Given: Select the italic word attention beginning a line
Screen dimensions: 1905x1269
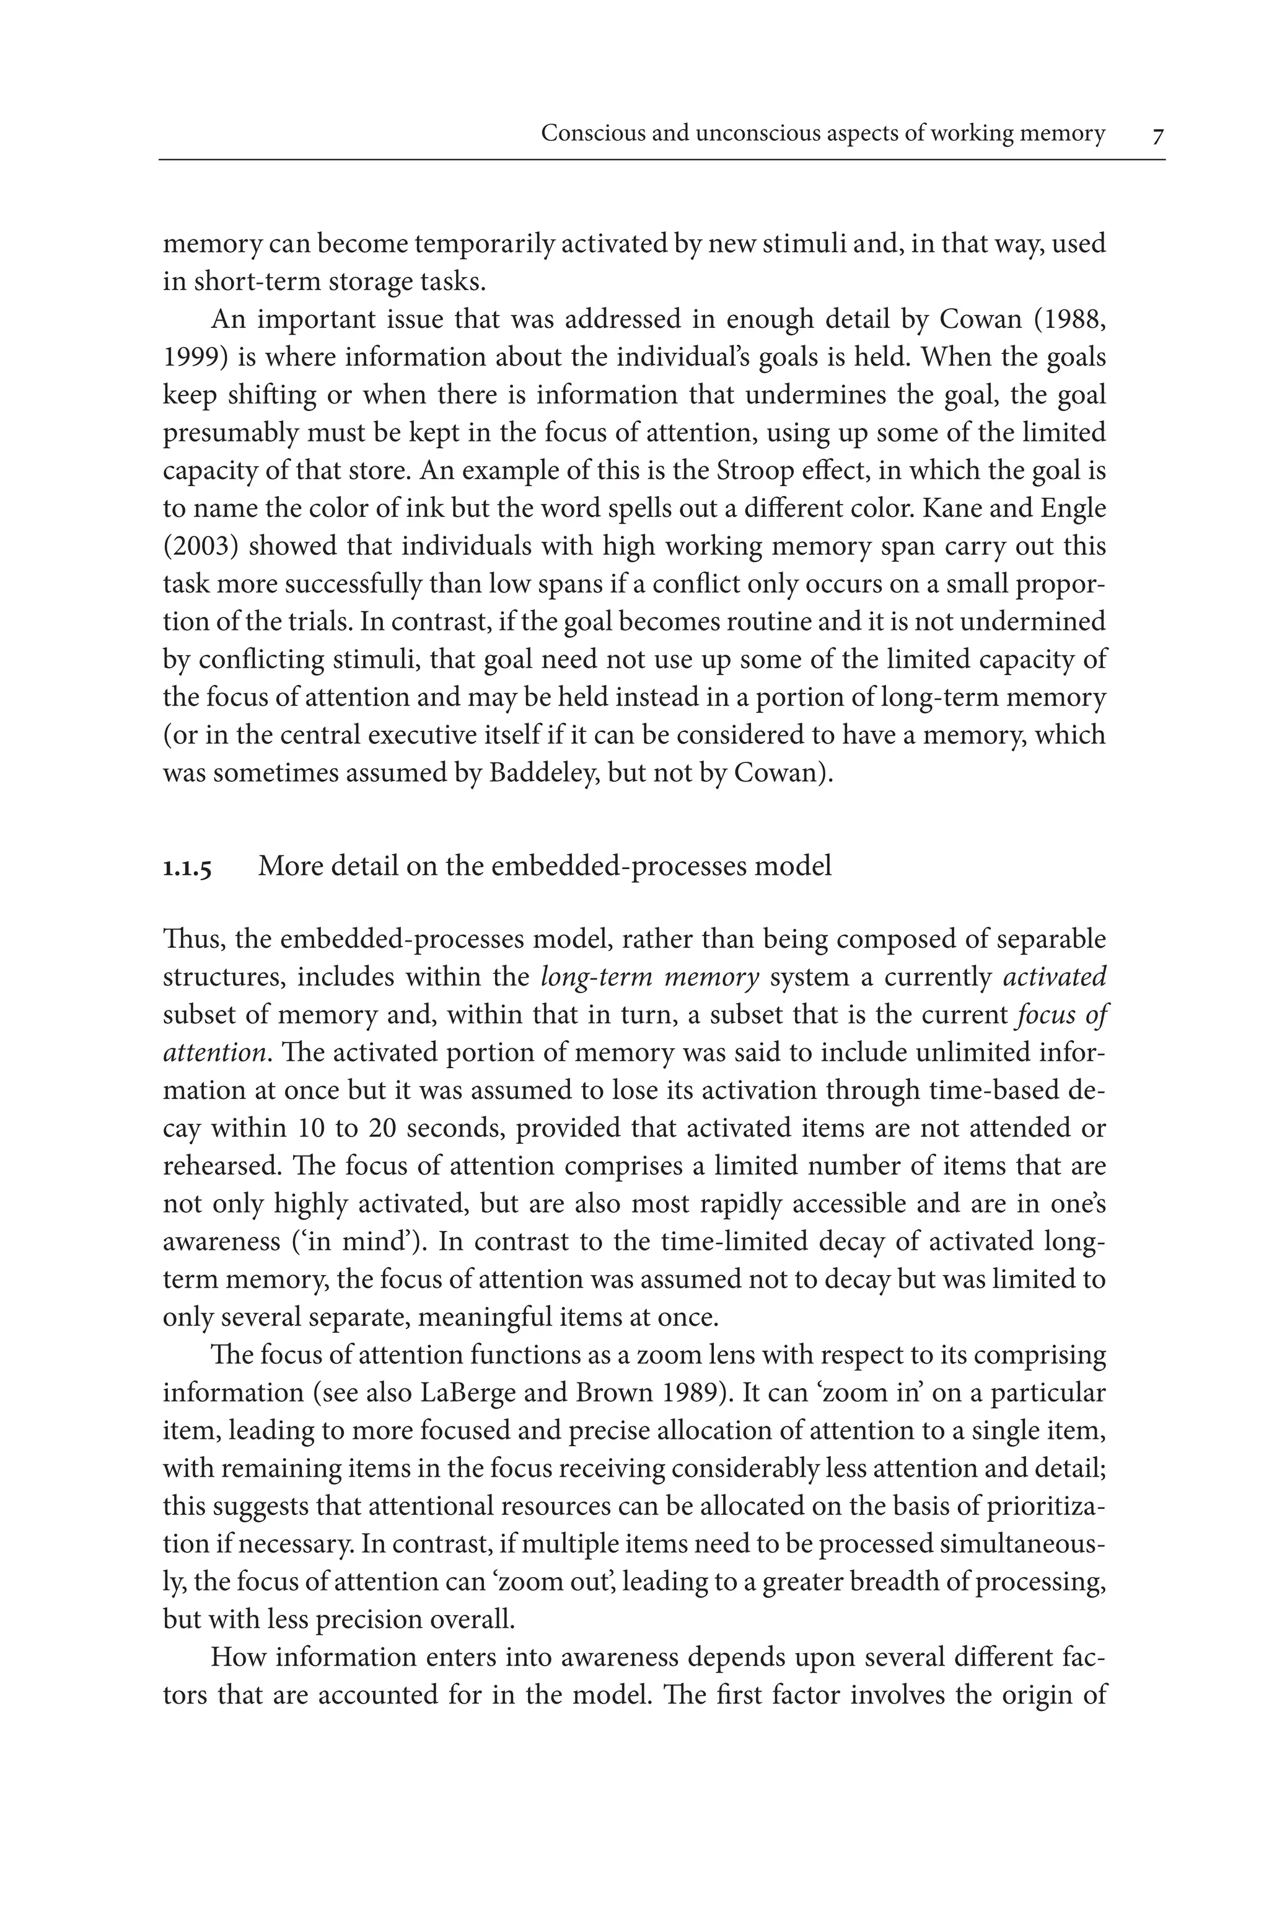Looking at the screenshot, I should pyautogui.click(x=214, y=1053).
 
